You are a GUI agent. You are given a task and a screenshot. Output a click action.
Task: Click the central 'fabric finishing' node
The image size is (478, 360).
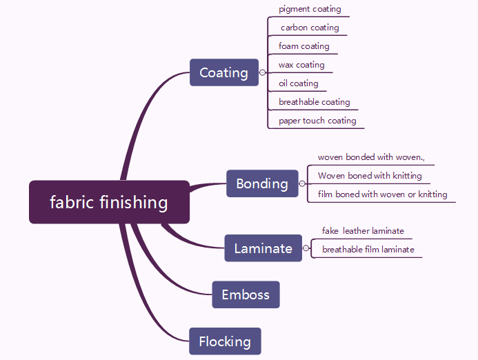coord(109,202)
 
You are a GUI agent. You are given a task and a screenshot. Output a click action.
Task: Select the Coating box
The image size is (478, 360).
coord(223,72)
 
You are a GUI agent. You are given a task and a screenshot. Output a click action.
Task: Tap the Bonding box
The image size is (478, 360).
coord(262,183)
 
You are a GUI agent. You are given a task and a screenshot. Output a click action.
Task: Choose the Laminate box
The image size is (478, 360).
coord(263,248)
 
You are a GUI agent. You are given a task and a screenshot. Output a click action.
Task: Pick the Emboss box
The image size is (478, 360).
coord(246,294)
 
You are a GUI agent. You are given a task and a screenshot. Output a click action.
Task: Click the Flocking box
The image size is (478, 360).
coord(225,341)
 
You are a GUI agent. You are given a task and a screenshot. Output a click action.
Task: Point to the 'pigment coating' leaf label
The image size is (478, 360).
coord(310,9)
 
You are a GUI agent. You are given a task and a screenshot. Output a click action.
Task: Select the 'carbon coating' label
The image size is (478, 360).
coord(310,28)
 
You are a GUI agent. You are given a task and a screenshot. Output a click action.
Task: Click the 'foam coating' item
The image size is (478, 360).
coord(304,46)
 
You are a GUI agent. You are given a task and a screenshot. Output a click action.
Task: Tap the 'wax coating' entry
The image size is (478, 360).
coord(301,65)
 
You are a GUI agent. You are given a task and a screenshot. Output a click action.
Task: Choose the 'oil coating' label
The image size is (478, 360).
coord(299,83)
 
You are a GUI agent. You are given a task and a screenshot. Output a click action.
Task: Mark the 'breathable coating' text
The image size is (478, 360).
coord(315,102)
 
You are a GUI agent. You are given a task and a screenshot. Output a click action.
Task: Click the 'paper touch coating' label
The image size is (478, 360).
coord(317,121)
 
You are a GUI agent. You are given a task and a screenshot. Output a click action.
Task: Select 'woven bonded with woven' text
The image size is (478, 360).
coord(371,157)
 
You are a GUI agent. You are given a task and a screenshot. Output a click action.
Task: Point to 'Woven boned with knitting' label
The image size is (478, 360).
coord(370,176)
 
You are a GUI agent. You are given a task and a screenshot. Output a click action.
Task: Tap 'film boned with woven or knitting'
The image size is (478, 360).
coord(382,194)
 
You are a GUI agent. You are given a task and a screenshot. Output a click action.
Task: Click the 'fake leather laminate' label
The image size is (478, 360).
coord(363,231)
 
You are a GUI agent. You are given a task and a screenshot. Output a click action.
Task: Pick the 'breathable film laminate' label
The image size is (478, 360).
coord(368,250)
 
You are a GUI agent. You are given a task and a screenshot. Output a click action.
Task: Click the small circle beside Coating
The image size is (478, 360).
coord(262,72)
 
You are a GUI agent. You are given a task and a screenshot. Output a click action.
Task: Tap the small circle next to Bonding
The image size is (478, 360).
coord(301,183)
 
